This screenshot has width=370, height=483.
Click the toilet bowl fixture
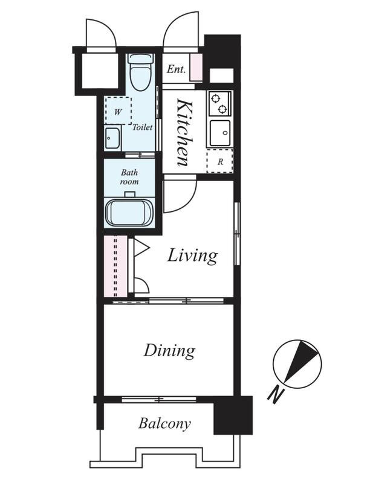tap(141, 72)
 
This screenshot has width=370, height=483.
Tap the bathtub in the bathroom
tap(129, 213)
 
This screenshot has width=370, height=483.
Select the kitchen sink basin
tap(220, 133)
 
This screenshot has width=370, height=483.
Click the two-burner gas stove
tap(220, 103)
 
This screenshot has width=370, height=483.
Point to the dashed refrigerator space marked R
tap(220, 161)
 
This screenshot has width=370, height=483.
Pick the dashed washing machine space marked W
tap(118, 110)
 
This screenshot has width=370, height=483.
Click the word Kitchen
tap(184, 132)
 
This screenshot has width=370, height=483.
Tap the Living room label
tap(192, 255)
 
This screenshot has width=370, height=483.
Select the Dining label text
tap(169, 351)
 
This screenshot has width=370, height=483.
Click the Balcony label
tap(164, 424)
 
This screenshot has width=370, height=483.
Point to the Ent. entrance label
tap(177, 69)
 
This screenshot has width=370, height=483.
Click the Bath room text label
tap(129, 177)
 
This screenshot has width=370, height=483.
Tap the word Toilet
tap(143, 127)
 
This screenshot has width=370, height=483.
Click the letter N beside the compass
tap(276, 394)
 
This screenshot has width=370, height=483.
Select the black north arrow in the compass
tap(301, 361)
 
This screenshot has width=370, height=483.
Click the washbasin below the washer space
tap(112, 138)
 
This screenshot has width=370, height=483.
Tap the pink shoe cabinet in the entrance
tap(196, 68)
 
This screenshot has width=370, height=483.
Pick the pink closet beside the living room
tap(115, 266)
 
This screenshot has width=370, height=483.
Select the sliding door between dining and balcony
tap(159, 400)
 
